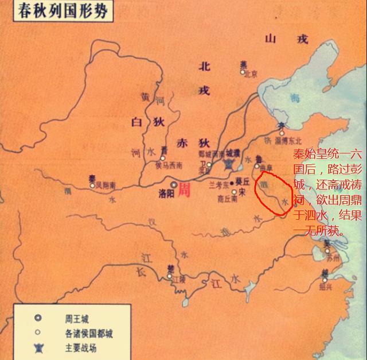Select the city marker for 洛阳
tap(174, 185)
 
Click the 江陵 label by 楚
tap(179, 280)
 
